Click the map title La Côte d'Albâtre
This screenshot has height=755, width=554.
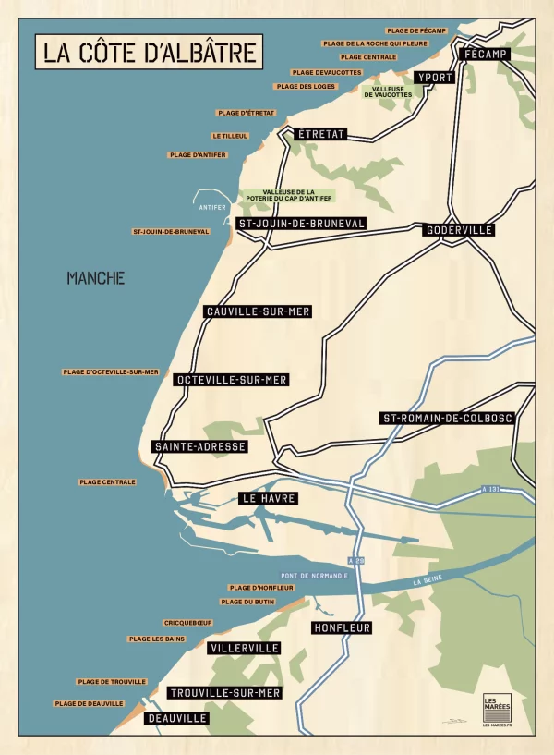[149, 52]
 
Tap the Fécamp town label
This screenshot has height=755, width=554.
[486, 55]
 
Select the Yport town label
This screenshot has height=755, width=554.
[434, 78]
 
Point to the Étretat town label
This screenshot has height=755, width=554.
[320, 135]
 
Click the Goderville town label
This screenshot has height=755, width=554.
[459, 230]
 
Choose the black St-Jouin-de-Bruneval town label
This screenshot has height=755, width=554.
[302, 224]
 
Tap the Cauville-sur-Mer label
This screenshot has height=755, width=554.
[258, 312]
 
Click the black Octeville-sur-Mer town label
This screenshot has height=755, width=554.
[232, 380]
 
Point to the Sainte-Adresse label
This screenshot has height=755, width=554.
[200, 447]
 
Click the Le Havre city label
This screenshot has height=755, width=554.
[269, 498]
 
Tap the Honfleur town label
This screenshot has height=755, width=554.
[342, 628]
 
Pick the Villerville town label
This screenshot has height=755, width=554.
[245, 649]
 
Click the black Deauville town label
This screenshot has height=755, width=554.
[177, 718]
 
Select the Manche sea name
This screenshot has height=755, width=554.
[95, 278]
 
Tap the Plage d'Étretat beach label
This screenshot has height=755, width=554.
[247, 113]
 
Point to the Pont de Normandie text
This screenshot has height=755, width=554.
[314, 576]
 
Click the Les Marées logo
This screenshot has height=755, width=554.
[497, 709]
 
